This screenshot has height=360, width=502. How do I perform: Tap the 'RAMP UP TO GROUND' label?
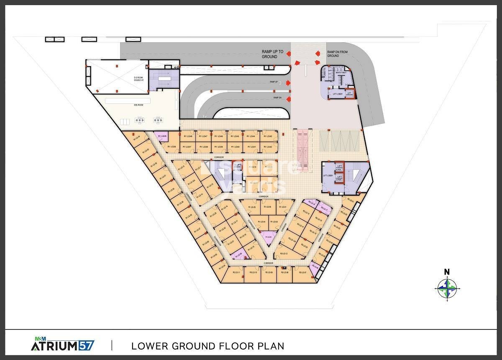[272, 54]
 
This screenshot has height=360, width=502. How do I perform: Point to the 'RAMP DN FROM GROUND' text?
[336, 53]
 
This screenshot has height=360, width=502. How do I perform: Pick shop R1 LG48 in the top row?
[187, 136]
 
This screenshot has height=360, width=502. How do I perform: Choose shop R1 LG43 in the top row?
[268, 136]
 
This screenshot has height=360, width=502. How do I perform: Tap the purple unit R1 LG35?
[162, 136]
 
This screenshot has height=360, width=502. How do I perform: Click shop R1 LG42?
[268, 147]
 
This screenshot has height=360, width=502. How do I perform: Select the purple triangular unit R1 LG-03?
[268, 238]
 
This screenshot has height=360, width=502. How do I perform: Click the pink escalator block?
[302, 150]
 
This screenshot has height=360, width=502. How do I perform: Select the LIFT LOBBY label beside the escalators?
[328, 177]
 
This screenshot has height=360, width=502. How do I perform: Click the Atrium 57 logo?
[63, 345]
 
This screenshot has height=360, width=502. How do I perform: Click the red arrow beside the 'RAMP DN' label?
[289, 98]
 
